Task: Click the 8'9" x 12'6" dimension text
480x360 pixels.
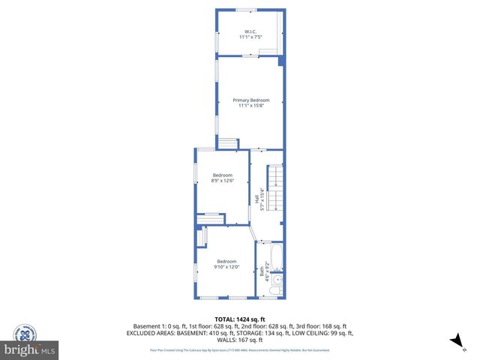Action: (x=223, y=180)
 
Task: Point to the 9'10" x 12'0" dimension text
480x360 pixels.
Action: (x=226, y=266)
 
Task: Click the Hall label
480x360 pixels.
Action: (x=256, y=200)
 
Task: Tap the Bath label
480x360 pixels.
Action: (x=261, y=274)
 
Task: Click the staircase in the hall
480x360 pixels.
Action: (x=276, y=187)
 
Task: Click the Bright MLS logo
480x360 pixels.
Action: (x=30, y=350)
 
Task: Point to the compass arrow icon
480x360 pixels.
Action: (x=453, y=341)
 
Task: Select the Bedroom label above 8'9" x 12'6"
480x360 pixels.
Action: (x=223, y=175)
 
